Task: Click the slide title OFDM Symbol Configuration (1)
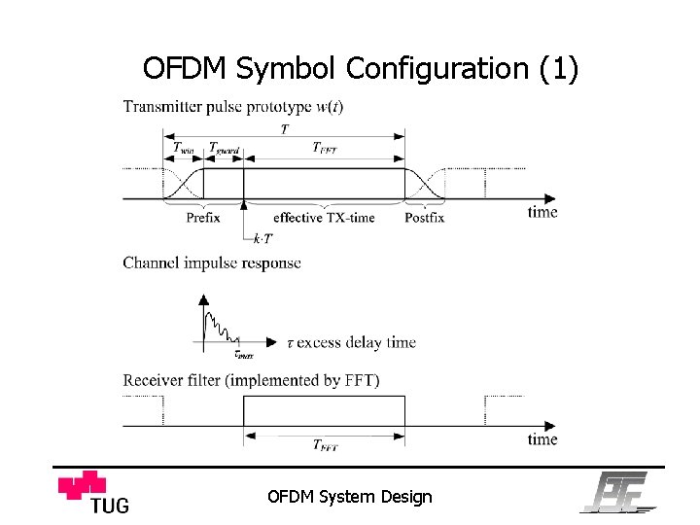tap(360, 69)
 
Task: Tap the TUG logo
tap(94, 491)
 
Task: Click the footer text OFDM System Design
tap(349, 497)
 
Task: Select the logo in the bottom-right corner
tap(618, 492)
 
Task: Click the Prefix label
tap(203, 218)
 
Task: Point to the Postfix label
tap(424, 218)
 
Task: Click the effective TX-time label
tap(324, 218)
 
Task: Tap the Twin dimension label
tap(184, 149)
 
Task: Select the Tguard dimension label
tap(225, 149)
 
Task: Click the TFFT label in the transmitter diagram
tap(326, 148)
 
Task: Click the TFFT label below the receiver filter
tap(325, 446)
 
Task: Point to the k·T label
tap(262, 238)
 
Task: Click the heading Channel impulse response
tap(212, 262)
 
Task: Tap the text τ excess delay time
tap(351, 342)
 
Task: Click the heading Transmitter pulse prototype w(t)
tap(232, 106)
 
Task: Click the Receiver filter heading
tap(251, 380)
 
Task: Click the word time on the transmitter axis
tap(542, 211)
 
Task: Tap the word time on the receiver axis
tap(542, 439)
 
